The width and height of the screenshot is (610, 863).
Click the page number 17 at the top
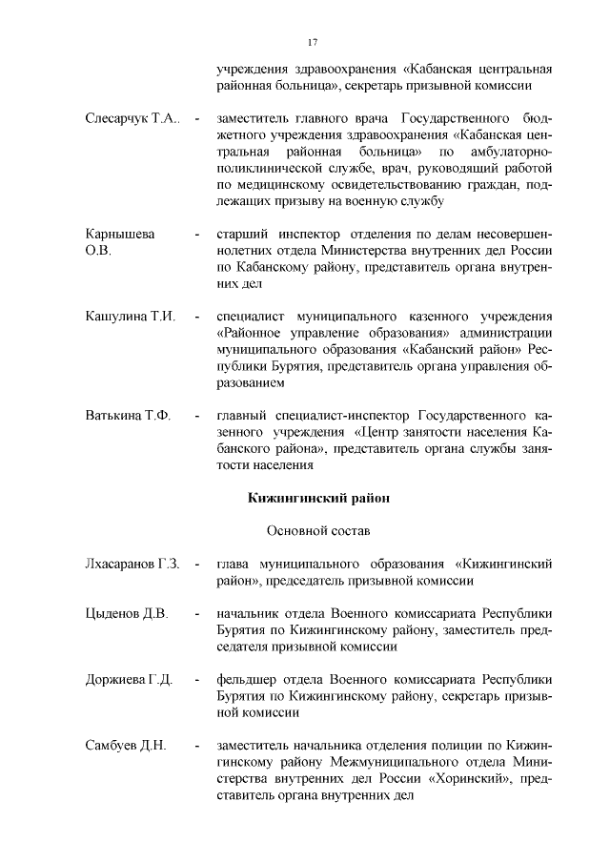tap(312, 41)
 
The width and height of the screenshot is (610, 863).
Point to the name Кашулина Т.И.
tap(129, 316)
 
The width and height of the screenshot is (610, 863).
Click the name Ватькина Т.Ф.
tap(127, 416)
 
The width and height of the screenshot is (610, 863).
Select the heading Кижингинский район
tap(319, 498)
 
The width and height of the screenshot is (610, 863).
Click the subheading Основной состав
tap(318, 529)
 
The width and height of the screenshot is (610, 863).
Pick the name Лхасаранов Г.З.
tap(132, 564)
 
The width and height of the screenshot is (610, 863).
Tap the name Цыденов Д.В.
tap(126, 613)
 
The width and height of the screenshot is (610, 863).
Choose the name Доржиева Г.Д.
tap(129, 679)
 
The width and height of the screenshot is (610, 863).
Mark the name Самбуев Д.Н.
tap(126, 746)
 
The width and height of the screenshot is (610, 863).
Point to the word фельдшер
tap(247, 679)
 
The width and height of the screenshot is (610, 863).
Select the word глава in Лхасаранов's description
tap(234, 564)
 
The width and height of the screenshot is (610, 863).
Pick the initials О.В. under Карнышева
tap(98, 251)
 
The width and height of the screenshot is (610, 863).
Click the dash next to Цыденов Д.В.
tap(196, 613)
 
